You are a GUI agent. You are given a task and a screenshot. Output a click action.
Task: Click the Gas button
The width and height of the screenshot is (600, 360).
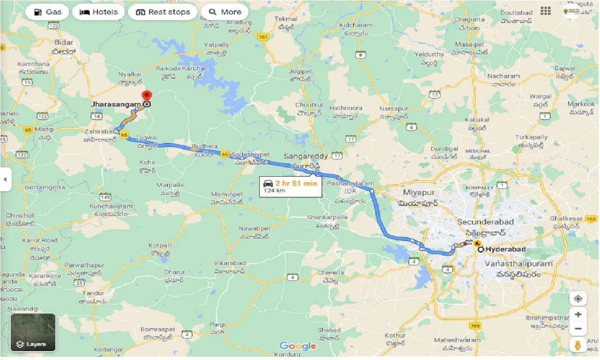[x=47, y=12]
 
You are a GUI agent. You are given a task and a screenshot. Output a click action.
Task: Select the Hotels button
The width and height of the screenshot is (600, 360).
[x=98, y=12]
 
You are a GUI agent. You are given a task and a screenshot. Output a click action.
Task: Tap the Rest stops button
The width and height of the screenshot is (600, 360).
[x=163, y=12]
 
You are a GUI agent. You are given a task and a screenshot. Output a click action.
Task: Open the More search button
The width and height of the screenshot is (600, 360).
[x=225, y=12]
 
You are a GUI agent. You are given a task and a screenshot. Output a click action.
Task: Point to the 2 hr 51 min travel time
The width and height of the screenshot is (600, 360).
[x=296, y=183]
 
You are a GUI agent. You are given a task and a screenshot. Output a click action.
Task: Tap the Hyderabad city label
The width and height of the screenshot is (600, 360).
[x=505, y=249]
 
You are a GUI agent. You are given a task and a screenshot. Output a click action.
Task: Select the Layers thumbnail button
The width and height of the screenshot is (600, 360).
[x=33, y=332]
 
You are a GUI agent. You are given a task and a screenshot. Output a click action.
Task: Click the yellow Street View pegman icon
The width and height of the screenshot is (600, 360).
[x=578, y=345]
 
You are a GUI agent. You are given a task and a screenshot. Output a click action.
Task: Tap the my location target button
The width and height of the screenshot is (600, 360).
[x=578, y=299]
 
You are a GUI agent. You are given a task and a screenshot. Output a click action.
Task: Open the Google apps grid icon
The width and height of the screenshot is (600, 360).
[x=545, y=11]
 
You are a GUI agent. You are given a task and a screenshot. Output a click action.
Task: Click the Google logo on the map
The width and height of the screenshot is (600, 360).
[x=298, y=346]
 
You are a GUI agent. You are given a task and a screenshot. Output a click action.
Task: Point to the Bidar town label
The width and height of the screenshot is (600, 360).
[x=58, y=43]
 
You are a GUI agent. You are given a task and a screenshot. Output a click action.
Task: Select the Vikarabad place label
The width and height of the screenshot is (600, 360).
[x=230, y=263]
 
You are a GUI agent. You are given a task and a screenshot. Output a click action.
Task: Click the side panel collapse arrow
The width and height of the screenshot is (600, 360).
[x=5, y=180]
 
